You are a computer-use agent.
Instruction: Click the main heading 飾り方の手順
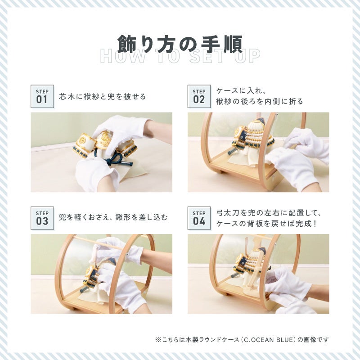tap(180, 44)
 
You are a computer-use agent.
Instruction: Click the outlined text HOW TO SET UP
tap(180, 57)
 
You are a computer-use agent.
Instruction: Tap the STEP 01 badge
tap(42, 96)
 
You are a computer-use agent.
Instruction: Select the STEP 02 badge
tap(199, 96)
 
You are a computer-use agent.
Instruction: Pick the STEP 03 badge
tap(42, 218)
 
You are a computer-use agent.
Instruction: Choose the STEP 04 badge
tap(199, 218)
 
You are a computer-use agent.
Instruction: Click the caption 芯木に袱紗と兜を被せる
tap(103, 97)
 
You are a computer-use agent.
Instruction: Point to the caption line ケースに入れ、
tap(241, 91)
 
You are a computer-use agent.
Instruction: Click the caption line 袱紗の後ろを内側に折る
tap(260, 101)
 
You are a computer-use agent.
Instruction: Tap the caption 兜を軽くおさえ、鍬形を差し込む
tap(113, 217)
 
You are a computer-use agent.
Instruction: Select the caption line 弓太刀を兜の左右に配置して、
tap(268, 213)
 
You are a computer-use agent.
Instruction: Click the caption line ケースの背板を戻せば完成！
tap(266, 223)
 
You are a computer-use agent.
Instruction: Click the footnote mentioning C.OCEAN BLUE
tap(242, 340)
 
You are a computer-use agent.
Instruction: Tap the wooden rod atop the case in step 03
tap(103, 243)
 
